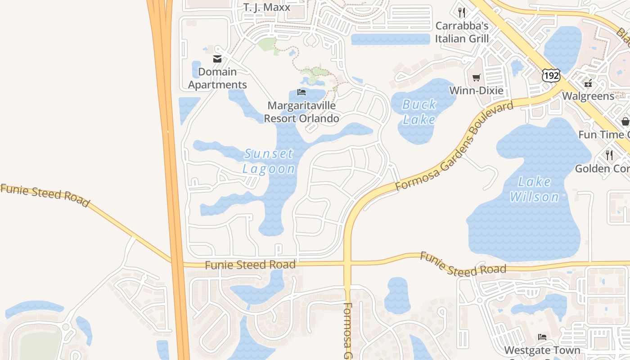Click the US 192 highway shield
[x=551, y=75]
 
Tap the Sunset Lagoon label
[x=269, y=161]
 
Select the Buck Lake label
[x=419, y=112]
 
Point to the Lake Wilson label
[x=535, y=189]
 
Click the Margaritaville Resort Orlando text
[x=301, y=112]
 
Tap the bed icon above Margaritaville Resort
[x=301, y=92]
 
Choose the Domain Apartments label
[x=217, y=78]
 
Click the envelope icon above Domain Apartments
[x=217, y=58]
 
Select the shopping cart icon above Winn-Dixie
[x=476, y=77]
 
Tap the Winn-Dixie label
[x=476, y=91]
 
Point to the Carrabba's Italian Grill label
[x=462, y=32]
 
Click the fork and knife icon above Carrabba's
[x=461, y=12]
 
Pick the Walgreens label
[x=588, y=96]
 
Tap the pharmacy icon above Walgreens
[x=588, y=83]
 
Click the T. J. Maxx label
[x=267, y=7]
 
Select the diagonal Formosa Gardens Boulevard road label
[x=454, y=146]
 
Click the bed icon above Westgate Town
[x=542, y=337]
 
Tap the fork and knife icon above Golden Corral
[x=609, y=155]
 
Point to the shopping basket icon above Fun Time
[x=625, y=121]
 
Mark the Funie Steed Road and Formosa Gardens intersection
[x=347, y=263]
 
